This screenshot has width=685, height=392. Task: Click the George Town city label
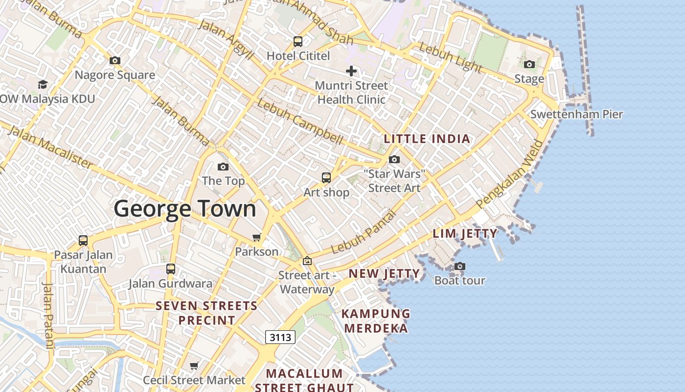(185, 209)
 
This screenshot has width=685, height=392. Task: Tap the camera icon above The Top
(223, 167)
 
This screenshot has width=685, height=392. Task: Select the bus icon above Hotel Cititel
(298, 42)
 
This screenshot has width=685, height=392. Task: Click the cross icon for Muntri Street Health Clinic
(351, 71)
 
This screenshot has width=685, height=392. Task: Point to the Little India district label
(427, 139)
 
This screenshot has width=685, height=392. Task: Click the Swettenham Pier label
(576, 114)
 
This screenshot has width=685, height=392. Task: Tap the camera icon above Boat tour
(459, 267)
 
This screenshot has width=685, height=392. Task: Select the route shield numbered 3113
(280, 337)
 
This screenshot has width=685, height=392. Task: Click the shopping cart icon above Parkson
(256, 238)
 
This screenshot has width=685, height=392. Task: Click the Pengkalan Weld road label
(511, 175)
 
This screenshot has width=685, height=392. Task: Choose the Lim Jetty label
(465, 233)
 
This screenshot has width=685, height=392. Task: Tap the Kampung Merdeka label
(375, 320)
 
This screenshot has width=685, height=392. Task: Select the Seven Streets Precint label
(206, 313)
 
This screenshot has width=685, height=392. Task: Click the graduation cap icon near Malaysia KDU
(43, 85)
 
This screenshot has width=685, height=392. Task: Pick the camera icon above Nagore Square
(115, 61)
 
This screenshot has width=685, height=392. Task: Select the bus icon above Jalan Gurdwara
(171, 269)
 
